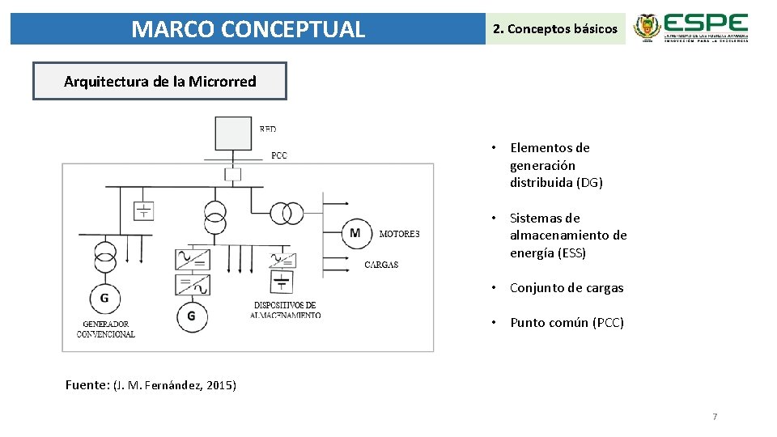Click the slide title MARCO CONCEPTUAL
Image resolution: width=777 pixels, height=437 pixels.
click(248, 29)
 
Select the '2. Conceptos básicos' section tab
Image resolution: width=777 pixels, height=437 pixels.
click(554, 29)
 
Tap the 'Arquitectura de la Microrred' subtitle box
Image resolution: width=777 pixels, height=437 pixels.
click(159, 81)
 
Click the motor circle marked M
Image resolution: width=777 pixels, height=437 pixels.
click(355, 233)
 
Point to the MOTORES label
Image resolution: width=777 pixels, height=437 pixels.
click(399, 234)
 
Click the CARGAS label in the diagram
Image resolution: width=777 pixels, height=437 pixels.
click(381, 265)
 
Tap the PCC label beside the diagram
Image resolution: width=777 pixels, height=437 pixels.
click(278, 155)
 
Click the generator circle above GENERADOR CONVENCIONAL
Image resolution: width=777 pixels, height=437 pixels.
click(104, 299)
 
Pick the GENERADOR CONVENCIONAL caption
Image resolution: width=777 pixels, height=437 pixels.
click(106, 329)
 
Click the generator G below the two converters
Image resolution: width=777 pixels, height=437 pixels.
click(191, 316)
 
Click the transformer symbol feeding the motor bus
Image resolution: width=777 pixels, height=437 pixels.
click(286, 213)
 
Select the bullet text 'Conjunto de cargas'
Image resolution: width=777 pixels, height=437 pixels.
click(567, 288)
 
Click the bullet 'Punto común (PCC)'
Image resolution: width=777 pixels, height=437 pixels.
click(567, 323)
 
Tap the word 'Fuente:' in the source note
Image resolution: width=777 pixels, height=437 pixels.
click(87, 385)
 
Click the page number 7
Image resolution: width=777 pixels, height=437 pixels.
click(715, 417)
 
